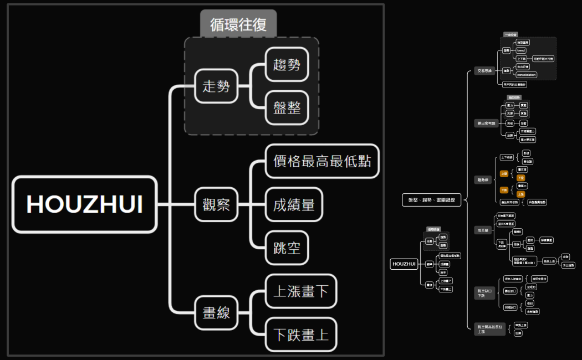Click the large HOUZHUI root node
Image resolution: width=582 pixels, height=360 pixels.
[x=85, y=204]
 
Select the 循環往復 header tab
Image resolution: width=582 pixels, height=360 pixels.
[x=238, y=24]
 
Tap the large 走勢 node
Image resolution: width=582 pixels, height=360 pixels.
[x=216, y=86]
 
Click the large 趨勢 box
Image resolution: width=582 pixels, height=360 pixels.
[x=287, y=65]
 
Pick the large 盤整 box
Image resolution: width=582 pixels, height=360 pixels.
[x=287, y=107]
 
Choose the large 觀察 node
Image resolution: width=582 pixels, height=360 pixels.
[x=216, y=204]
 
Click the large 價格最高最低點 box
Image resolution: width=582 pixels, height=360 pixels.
[x=322, y=161]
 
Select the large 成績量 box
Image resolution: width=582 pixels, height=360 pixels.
[x=294, y=204]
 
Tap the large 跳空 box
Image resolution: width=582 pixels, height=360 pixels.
[x=287, y=247]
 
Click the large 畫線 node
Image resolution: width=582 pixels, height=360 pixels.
[x=216, y=312]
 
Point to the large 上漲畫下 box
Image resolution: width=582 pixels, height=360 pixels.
[x=301, y=291]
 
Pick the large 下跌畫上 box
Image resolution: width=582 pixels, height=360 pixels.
[x=301, y=334]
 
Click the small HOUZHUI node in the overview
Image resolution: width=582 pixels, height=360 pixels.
[x=404, y=264]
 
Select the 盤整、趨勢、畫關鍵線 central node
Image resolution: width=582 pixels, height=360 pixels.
[x=431, y=200]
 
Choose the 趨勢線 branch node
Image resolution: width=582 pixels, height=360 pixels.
[x=483, y=179]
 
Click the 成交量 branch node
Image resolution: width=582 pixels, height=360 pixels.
[x=482, y=230]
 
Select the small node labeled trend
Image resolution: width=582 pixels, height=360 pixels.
[x=521, y=50]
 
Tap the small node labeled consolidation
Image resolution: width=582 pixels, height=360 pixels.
[x=526, y=74]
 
